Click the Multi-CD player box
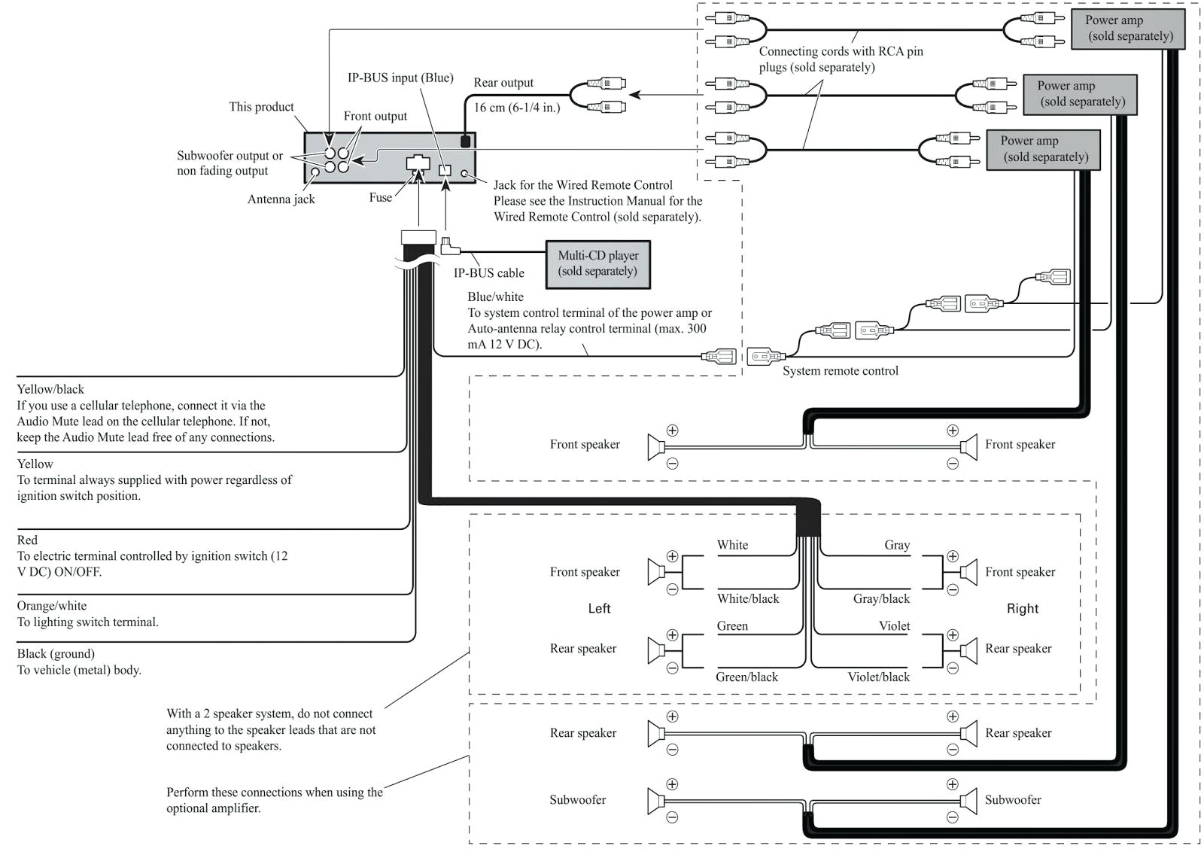pos(597,263)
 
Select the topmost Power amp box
pos(1128,29)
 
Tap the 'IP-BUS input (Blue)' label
pos(400,78)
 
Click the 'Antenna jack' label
pos(281,199)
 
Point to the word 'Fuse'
pos(380,197)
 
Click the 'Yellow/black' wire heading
pos(50,389)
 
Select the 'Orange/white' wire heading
pos(52,606)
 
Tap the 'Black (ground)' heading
pos(56,653)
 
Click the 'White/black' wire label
pos(748,598)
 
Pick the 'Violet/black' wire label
pos(878,677)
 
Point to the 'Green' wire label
pos(732,625)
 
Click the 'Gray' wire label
pos(897,545)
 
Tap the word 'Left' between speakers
pos(599,608)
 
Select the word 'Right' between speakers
pos(1022,608)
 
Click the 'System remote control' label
pos(840,370)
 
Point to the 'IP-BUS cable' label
pos(488,273)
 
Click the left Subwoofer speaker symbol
pos(655,800)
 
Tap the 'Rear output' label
pos(503,83)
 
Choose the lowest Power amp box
pos(1043,149)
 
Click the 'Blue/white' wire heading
pos(495,297)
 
